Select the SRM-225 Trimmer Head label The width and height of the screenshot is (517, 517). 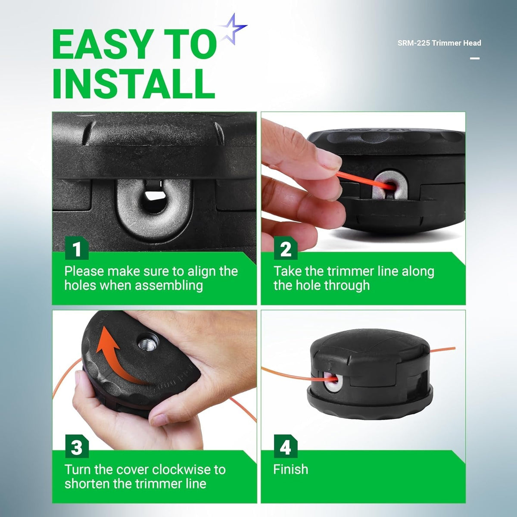[439, 43]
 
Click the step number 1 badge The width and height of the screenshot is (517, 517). [77, 249]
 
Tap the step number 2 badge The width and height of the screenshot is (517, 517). [286, 249]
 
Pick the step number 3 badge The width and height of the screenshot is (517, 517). [77, 447]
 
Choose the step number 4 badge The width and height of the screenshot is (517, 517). [286, 447]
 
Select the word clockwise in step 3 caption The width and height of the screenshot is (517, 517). [181, 470]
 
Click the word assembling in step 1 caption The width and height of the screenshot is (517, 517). [169, 286]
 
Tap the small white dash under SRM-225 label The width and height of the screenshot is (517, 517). [475, 58]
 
